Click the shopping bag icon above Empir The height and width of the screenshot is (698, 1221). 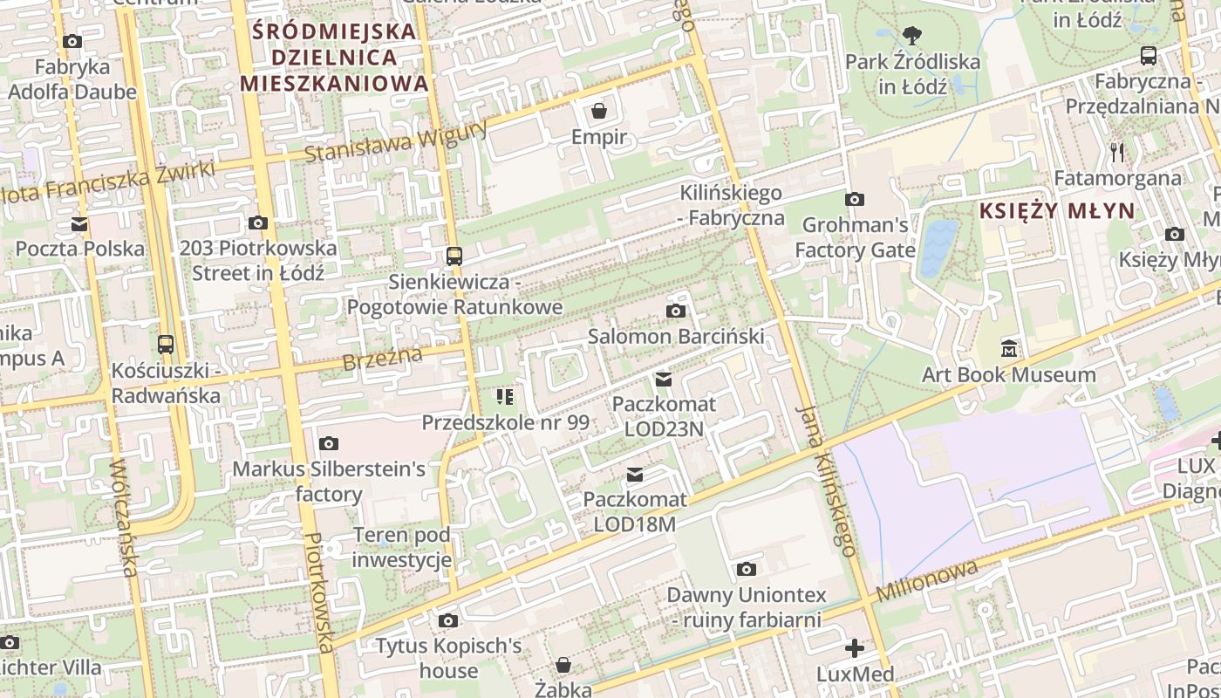coord(599,111)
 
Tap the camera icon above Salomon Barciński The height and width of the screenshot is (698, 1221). coord(675,311)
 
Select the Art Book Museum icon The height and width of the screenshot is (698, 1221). coord(1009,349)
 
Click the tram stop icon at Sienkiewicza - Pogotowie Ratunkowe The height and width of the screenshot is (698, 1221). coord(454,257)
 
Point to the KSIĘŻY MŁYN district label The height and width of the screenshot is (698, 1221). coord(1057,210)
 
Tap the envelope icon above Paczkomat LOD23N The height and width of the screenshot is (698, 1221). coord(664,379)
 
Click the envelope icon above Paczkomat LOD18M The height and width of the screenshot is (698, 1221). coord(635,475)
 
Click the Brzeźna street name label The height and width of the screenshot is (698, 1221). coord(383,358)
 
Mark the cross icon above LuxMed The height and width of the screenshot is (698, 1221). coord(855,648)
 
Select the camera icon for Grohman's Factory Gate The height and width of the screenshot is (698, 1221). coord(855,199)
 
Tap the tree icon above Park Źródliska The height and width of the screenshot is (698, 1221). coord(912,36)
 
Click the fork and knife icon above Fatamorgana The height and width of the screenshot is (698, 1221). coord(1117,153)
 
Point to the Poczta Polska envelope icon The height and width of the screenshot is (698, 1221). coord(79,223)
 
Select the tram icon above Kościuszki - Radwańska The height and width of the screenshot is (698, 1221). coord(166,344)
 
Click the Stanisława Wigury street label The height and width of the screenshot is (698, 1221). coord(396,142)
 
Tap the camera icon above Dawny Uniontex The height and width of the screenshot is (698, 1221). coord(746,570)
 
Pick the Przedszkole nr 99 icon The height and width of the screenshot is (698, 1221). coord(505,397)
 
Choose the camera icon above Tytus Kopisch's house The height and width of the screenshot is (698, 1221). coord(448,620)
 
